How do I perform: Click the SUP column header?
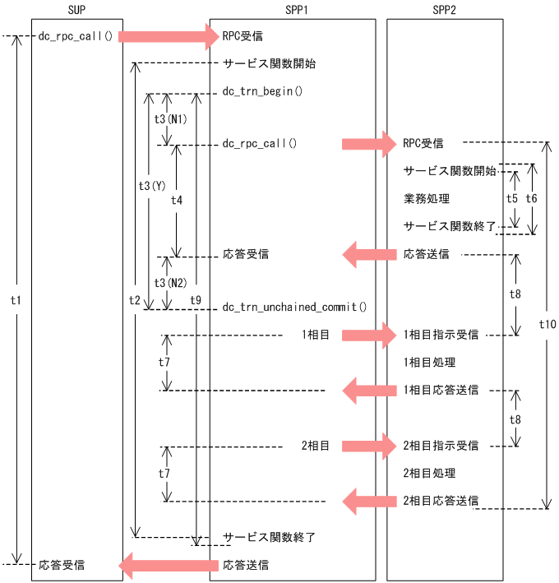77,9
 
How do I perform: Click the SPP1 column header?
293,9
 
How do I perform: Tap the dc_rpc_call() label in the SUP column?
76,36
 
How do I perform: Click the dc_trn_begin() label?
263,92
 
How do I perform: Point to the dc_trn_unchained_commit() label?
294,308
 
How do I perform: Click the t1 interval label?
15,301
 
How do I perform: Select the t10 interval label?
547,325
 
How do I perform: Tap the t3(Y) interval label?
151,186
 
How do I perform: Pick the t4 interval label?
177,200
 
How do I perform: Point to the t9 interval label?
196,300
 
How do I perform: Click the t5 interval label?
512,198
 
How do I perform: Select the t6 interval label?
531,198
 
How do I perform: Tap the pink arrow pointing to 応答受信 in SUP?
168,565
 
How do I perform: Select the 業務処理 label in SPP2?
427,199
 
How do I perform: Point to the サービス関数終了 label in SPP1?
269,537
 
